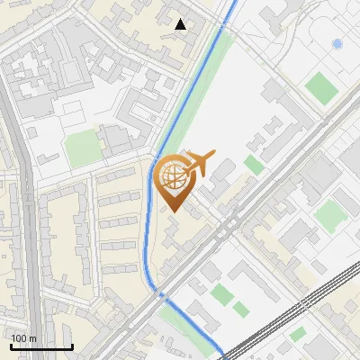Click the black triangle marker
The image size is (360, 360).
coord(181,24)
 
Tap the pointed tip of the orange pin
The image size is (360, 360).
coord(171,211)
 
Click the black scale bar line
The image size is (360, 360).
coord(41,346)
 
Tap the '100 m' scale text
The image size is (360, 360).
coord(23,338)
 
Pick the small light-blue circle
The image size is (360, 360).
coord(337,43)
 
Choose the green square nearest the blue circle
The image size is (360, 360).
coord(320,86)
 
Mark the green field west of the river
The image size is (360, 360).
coord(83,146)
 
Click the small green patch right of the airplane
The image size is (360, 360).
coord(255,165)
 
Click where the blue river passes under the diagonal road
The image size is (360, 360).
coord(162,294)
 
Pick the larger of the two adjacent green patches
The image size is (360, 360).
coord(221,293)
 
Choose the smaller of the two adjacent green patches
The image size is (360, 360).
coord(240,309)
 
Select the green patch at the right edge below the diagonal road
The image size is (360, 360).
coord(329,214)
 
